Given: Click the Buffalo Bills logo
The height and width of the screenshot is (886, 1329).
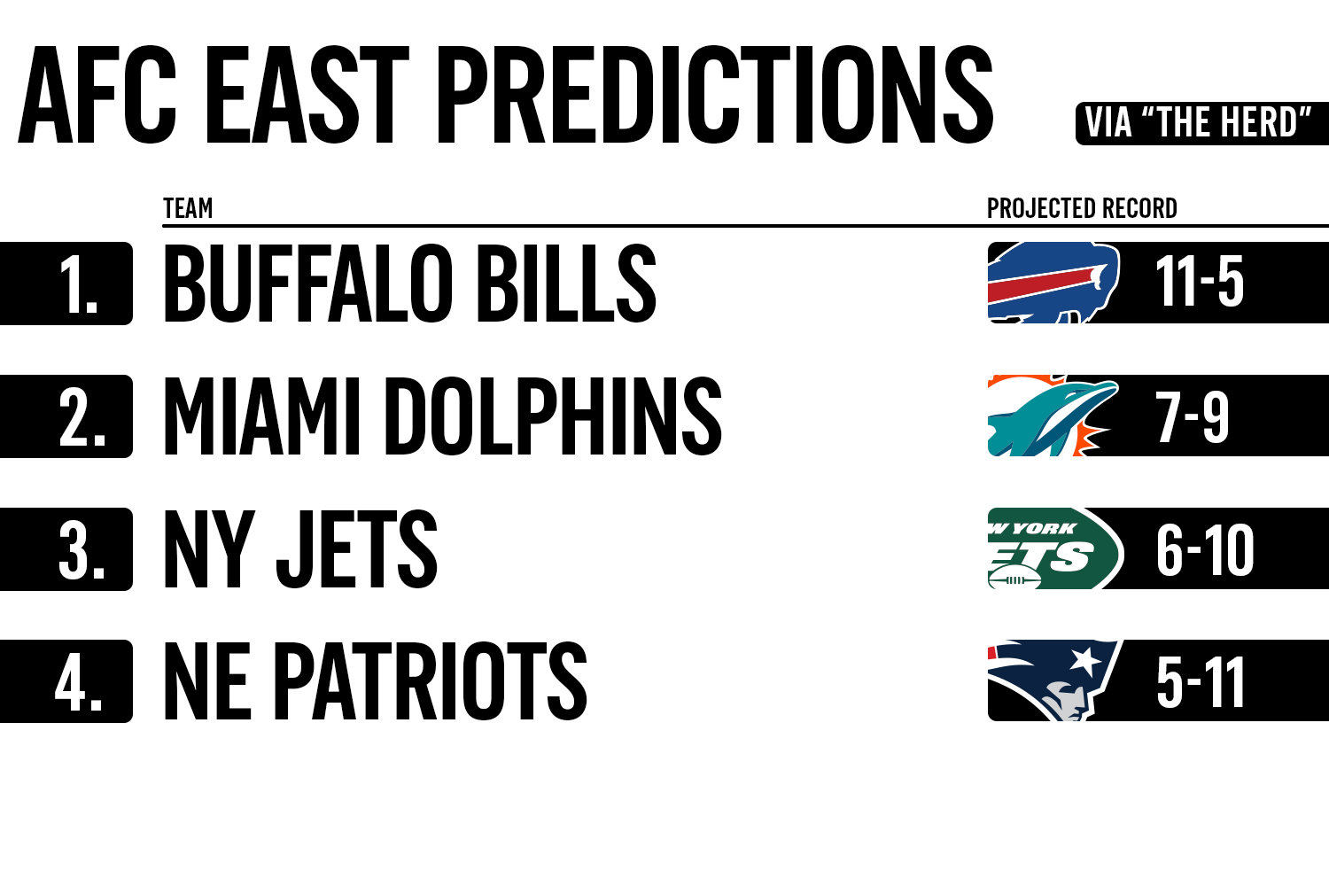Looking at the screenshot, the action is (1053, 283).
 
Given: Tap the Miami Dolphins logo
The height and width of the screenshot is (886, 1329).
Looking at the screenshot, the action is (1053, 416).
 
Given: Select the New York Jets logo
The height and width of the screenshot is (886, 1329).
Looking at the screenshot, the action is (1055, 548).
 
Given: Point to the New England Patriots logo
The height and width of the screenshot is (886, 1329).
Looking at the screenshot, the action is (1054, 680).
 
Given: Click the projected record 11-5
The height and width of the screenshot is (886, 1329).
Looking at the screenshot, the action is (1199, 282).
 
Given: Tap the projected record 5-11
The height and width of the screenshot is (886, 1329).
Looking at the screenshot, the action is (1201, 683).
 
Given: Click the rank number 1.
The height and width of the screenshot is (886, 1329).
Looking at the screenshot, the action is (78, 284).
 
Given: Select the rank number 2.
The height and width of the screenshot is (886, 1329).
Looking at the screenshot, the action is (82, 418).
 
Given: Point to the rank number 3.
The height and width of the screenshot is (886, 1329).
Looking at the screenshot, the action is (82, 551).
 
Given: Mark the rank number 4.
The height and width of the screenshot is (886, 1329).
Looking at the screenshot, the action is (78, 683).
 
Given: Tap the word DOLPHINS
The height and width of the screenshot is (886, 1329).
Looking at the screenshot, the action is (554, 416).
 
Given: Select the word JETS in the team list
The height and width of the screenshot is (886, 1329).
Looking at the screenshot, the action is (356, 549).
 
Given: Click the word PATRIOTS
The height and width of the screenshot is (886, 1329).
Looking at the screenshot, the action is (431, 681).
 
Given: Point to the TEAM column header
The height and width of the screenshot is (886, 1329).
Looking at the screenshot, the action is (188, 208).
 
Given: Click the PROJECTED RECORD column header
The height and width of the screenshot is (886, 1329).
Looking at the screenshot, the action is (1082, 208).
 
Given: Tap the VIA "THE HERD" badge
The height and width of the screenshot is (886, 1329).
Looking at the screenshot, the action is (1202, 123).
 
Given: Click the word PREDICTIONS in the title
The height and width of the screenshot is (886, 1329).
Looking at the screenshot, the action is (715, 95).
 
